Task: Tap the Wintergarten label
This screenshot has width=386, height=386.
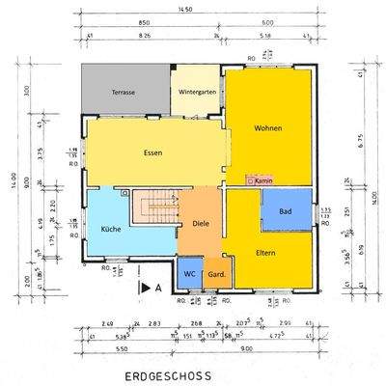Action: (x=198, y=94)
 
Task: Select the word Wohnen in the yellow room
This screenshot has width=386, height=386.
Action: (x=268, y=128)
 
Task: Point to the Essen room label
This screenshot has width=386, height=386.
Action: (x=152, y=152)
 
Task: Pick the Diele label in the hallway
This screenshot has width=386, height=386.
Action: (x=201, y=224)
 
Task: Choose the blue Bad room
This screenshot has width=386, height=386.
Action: (x=286, y=210)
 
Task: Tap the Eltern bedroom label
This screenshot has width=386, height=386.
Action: (x=267, y=254)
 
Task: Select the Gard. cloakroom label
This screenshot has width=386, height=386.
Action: (x=217, y=273)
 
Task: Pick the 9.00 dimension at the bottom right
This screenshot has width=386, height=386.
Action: (x=273, y=348)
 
